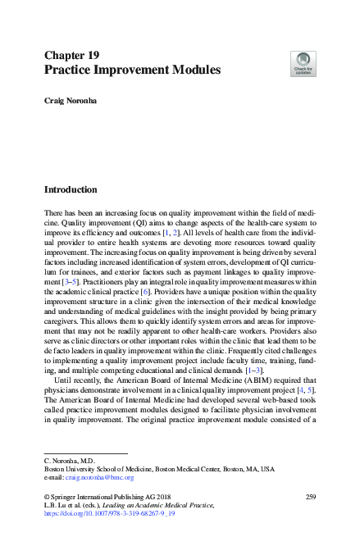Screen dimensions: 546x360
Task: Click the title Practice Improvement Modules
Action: tap(132, 71)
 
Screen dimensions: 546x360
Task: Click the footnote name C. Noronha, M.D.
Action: tap(69, 460)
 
